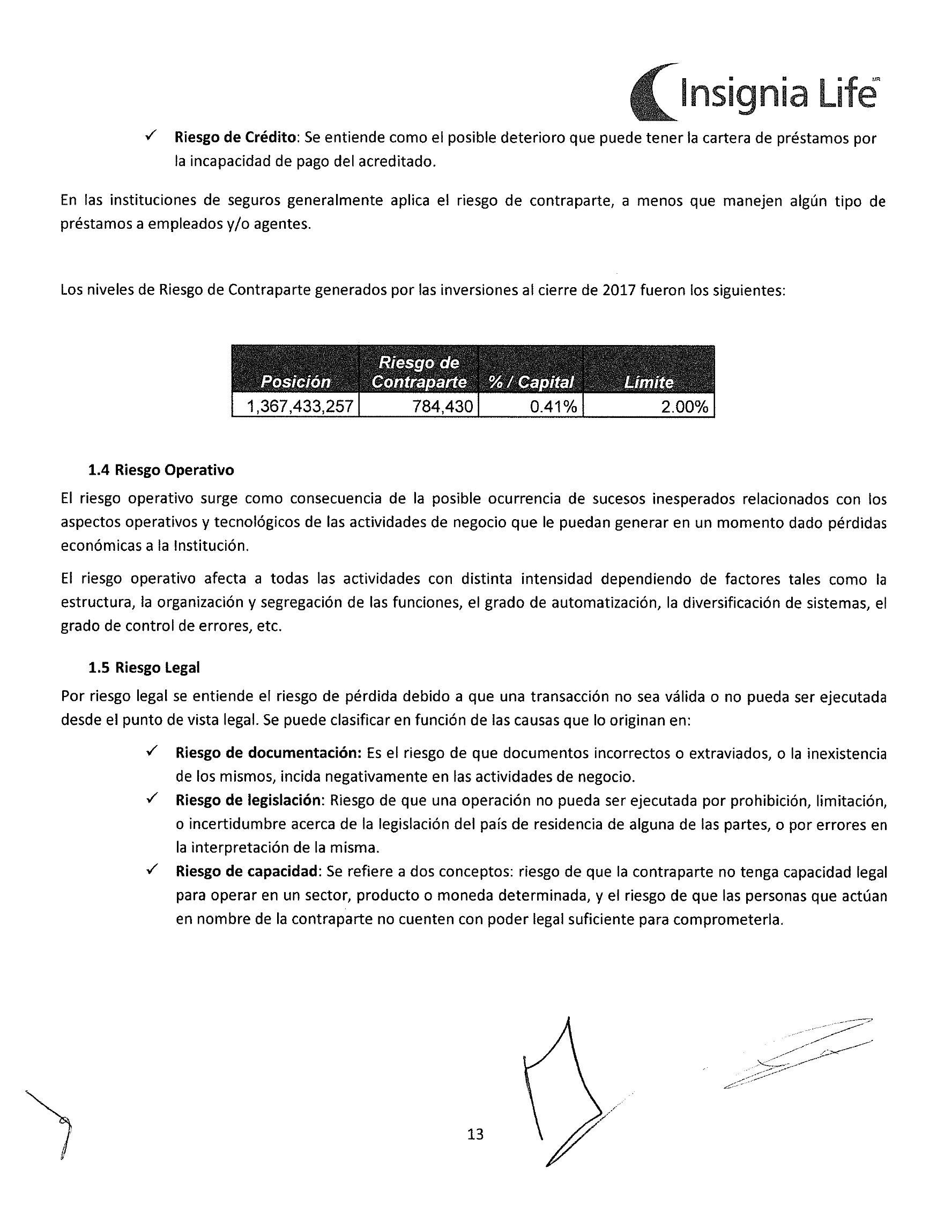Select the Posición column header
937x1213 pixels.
pyautogui.click(x=295, y=381)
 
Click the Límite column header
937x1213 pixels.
pyautogui.click(x=649, y=381)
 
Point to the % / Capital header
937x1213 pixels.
pyautogui.click(x=531, y=381)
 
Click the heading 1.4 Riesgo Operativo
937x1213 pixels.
pyautogui.click(x=161, y=470)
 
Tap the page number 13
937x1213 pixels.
pyautogui.click(x=475, y=1134)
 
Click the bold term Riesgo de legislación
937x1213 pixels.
pyautogui.click(x=248, y=800)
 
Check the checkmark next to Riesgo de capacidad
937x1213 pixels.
pyautogui.click(x=152, y=869)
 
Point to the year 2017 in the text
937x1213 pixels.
pyautogui.click(x=619, y=290)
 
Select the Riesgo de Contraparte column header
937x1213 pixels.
pyautogui.click(x=419, y=372)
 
